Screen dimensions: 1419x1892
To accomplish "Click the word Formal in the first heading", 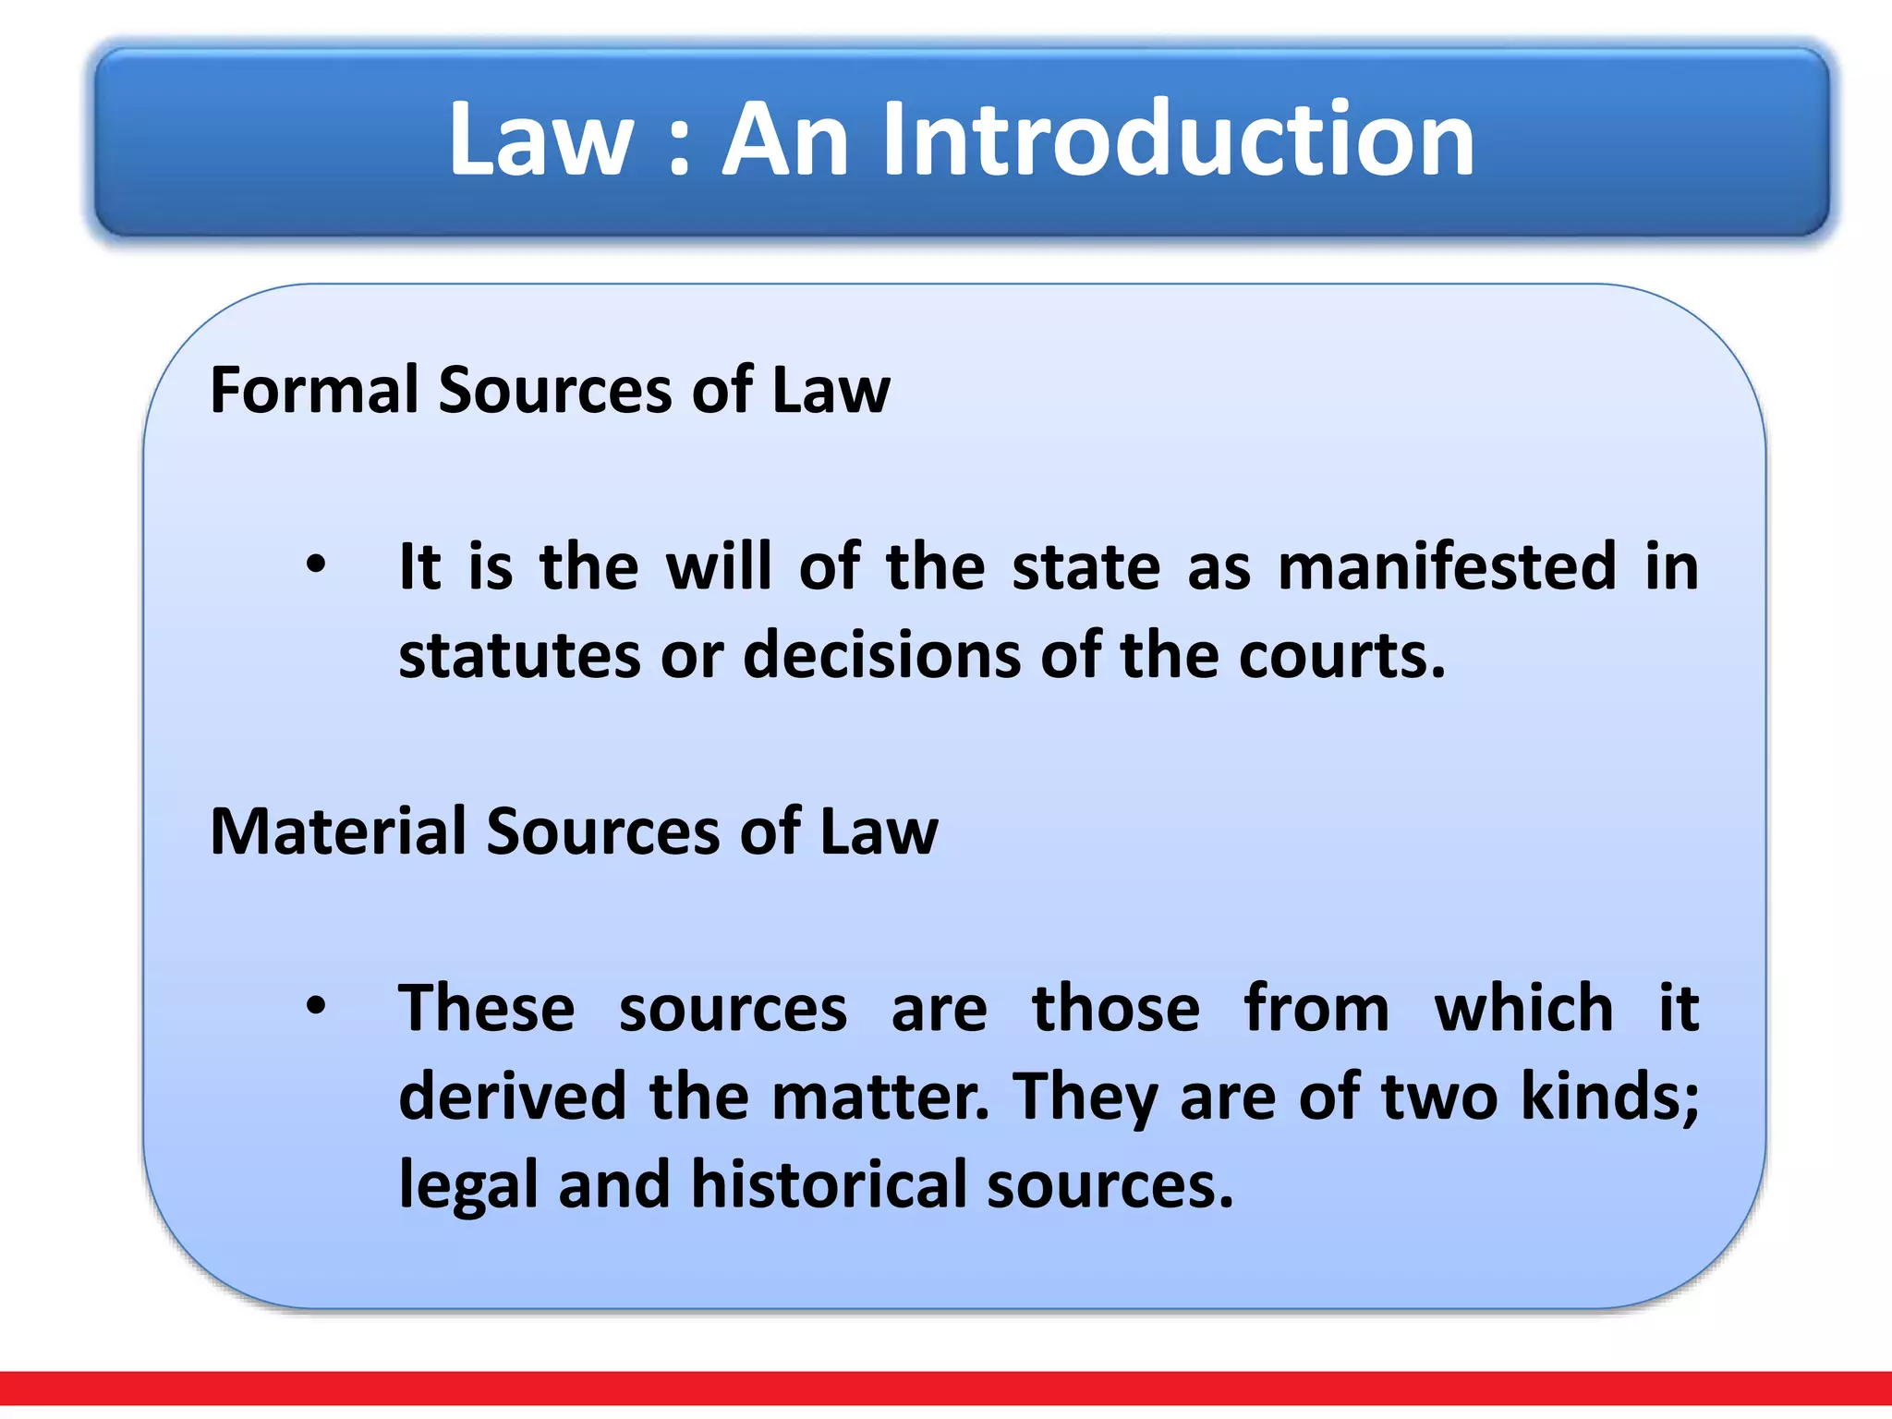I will coord(315,389).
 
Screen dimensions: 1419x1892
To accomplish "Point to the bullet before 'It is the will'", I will coord(316,564).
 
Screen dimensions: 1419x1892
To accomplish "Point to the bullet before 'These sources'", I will coord(316,1006).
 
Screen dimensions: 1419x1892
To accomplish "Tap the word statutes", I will coord(519,655).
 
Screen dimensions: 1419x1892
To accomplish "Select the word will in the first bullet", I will coord(718,566).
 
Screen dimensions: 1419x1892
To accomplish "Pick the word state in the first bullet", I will coord(1085,566).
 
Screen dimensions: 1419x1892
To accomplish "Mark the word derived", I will coord(512,1097).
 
